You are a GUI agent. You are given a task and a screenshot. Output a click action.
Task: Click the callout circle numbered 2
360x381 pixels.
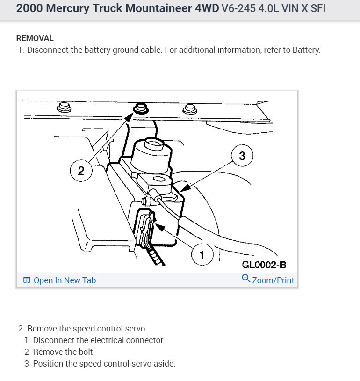[81, 170]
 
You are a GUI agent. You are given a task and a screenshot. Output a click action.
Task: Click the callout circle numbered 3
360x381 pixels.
[242, 156]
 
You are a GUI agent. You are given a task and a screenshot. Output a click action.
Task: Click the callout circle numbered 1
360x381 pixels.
[202, 254]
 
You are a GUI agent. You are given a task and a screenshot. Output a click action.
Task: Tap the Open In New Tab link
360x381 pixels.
[65, 280]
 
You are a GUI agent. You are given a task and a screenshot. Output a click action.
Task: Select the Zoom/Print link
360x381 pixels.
[273, 280]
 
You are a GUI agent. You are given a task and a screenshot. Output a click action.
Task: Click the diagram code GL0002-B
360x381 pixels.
[264, 265]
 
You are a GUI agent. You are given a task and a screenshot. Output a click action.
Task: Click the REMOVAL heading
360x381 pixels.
[35, 38]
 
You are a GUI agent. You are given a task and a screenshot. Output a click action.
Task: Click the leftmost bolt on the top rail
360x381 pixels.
[64, 108]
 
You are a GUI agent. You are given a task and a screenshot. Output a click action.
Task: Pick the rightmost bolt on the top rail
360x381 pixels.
[189, 109]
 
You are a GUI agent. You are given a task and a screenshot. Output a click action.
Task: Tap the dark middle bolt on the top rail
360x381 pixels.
[139, 109]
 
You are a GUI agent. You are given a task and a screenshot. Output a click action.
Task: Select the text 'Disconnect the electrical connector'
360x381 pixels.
[99, 340]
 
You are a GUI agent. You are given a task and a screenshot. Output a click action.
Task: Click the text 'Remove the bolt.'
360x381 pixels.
[64, 352]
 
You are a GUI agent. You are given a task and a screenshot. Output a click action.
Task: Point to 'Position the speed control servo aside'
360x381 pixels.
[104, 364]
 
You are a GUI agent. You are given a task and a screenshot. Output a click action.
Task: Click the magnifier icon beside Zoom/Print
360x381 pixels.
[246, 279]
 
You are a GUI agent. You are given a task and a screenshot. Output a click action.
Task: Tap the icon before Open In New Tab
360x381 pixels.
[27, 280]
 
